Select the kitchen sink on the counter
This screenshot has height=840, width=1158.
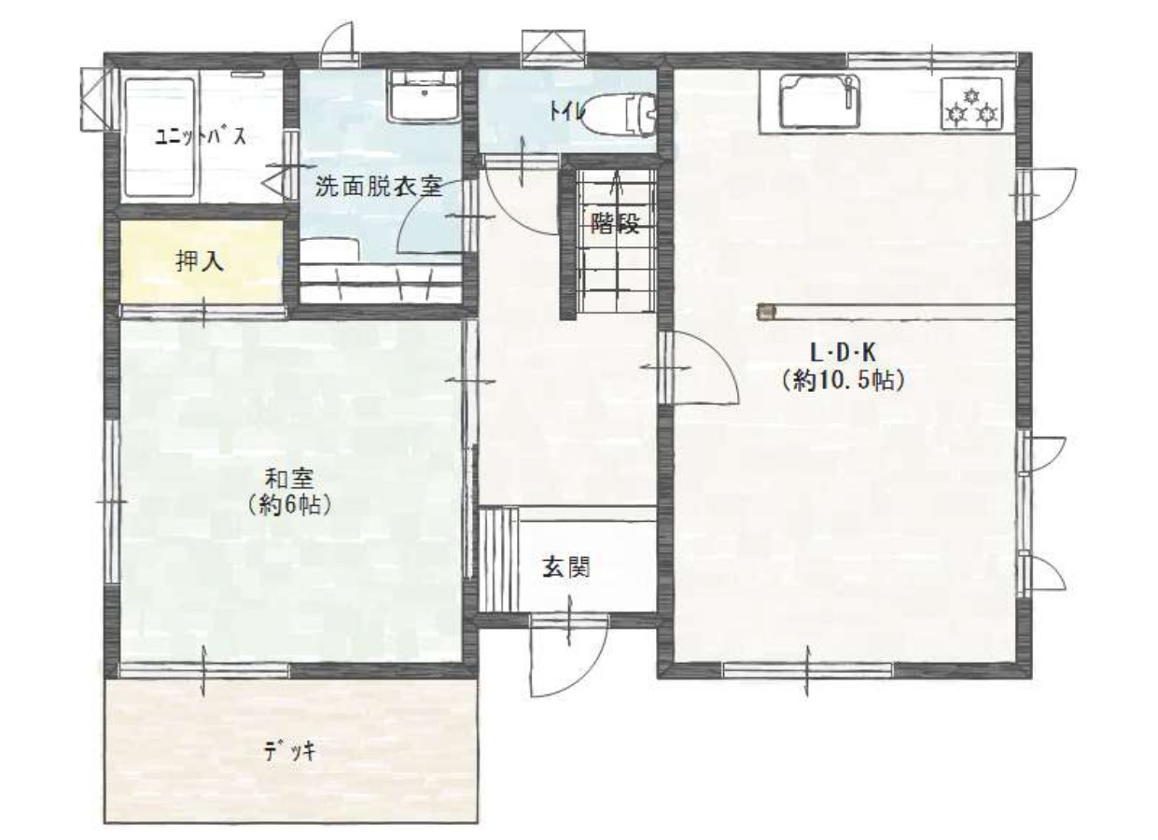click(820, 102)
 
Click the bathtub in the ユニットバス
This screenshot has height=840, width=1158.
click(160, 137)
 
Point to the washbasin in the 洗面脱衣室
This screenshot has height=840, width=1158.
click(425, 97)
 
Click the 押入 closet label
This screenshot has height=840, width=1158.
click(201, 261)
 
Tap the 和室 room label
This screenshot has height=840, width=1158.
click(289, 479)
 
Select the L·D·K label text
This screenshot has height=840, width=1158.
click(844, 354)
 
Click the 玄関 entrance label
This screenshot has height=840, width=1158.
click(566, 567)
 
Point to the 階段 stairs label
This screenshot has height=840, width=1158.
click(616, 223)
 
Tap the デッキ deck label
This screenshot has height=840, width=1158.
click(290, 750)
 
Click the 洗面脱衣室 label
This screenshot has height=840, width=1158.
click(380, 187)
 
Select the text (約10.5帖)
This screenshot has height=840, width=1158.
click(844, 382)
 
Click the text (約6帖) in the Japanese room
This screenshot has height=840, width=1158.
click(289, 505)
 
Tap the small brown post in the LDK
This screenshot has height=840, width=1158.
click(767, 312)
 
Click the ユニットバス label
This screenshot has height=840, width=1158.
click(201, 137)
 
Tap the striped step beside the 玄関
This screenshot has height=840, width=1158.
click(498, 560)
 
